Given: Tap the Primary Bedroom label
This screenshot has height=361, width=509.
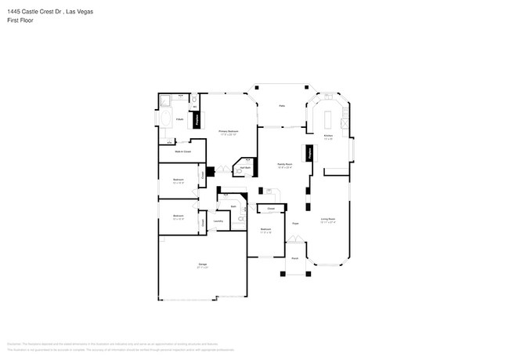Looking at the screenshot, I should tap(227, 132).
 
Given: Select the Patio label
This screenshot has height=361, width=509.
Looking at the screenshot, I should tap(281, 107).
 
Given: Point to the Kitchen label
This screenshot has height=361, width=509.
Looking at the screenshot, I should tap(329, 135).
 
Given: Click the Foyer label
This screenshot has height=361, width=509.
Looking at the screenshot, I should tap(296, 224).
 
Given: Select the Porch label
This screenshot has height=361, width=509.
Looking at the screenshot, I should tap(295, 257).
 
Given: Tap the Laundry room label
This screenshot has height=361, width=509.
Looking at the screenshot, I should tap(218, 221).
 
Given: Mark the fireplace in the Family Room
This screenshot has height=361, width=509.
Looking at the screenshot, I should tap(309, 154).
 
